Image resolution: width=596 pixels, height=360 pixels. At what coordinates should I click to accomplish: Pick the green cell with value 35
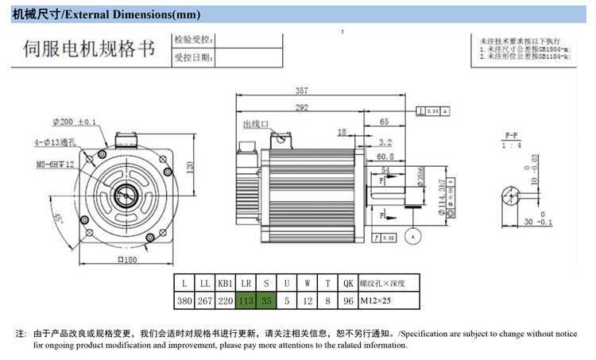(266, 300)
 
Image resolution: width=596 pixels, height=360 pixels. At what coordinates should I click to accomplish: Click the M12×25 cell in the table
(377, 300)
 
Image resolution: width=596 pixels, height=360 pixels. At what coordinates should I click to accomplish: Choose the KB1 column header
(225, 282)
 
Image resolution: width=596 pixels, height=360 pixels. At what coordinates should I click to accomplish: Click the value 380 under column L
(184, 300)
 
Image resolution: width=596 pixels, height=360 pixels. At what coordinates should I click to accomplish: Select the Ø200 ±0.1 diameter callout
(75, 122)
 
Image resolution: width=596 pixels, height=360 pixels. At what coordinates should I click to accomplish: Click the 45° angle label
(58, 218)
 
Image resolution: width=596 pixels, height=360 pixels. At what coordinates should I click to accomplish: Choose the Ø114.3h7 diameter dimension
(441, 205)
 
